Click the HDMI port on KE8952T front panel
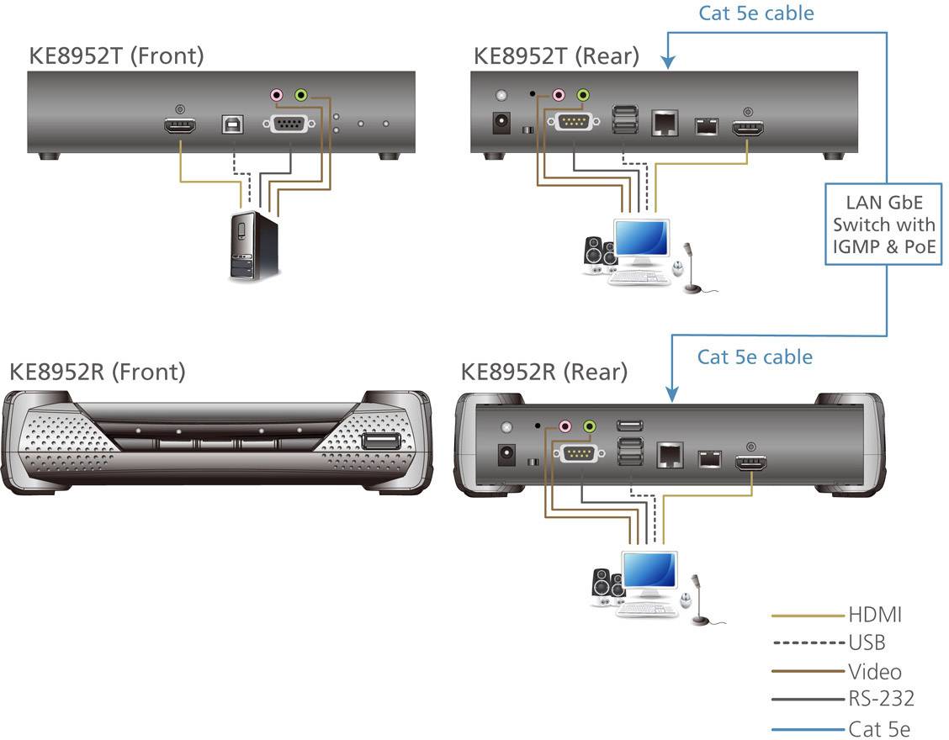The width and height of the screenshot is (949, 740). [179, 127]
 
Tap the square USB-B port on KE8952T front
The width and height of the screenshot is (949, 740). [231, 124]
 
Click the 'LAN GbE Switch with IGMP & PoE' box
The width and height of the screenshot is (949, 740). [883, 224]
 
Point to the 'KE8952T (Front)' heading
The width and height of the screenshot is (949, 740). [116, 56]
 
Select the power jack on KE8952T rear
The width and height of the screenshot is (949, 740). [502, 123]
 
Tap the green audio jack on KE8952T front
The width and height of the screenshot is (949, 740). [300, 96]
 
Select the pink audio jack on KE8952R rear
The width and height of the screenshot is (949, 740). [565, 426]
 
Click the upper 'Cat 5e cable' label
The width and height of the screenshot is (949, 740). [755, 13]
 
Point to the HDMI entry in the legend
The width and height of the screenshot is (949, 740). [874, 615]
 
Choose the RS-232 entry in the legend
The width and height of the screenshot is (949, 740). [880, 697]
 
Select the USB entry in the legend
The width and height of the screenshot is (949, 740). [867, 642]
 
